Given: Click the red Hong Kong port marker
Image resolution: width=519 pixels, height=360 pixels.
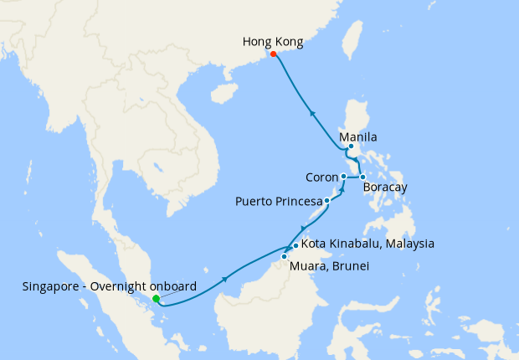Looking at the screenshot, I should (274, 54).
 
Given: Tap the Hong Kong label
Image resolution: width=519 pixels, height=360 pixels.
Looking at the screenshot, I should (272, 40).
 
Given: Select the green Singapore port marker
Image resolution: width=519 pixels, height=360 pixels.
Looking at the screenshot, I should (157, 298).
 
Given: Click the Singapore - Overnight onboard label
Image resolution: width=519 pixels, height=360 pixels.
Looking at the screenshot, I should (110, 286).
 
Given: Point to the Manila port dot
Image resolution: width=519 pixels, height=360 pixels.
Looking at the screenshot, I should (352, 147).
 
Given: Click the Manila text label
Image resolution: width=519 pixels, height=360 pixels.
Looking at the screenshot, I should (358, 136).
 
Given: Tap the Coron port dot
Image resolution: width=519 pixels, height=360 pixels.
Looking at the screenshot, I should (344, 177).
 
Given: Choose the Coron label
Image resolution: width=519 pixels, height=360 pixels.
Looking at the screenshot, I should (321, 177).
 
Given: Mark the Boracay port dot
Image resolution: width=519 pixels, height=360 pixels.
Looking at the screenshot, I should (362, 177).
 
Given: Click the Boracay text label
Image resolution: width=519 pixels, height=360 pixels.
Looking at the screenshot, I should (385, 188).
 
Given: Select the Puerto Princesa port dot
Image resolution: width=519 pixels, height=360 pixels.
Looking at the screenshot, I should (326, 201).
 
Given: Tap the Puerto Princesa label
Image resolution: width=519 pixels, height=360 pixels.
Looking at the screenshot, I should (279, 202).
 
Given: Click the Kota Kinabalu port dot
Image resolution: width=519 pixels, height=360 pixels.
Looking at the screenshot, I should (296, 245).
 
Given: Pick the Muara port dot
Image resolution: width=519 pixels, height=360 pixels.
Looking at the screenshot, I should (285, 256).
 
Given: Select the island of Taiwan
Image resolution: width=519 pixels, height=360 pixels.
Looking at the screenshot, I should (354, 42).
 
